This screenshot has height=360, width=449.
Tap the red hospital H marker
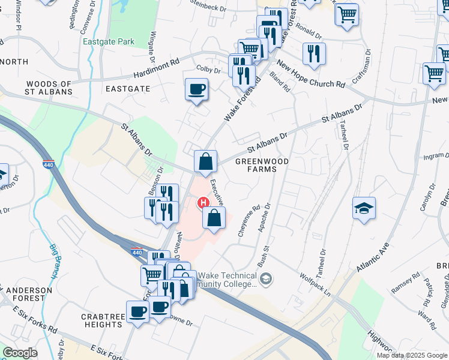pyautogui.click(x=203, y=203)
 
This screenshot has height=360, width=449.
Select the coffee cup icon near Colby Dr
pyautogui.click(x=196, y=90)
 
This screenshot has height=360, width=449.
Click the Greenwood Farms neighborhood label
pyautogui.click(x=262, y=166)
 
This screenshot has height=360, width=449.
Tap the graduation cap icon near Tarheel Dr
pyautogui.click(x=364, y=208)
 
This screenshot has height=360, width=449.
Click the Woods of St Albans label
pyautogui.click(x=45, y=88)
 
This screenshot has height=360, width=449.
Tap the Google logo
pyautogui.click(x=20, y=353)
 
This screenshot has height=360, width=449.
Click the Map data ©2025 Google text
pyautogui.click(x=412, y=355)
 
